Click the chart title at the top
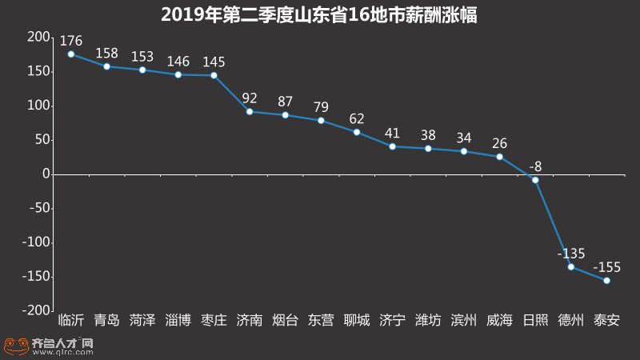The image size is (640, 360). click(x=319, y=14)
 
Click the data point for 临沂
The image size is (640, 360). click(x=71, y=54)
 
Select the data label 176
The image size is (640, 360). click(x=71, y=39)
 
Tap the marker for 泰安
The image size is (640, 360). click(x=606, y=280)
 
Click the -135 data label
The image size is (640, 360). click(x=571, y=254)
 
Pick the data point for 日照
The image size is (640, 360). click(x=535, y=179)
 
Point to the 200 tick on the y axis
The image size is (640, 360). click(x=37, y=38)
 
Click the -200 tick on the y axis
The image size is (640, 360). click(x=34, y=310)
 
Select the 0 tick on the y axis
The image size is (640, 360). click(x=46, y=174)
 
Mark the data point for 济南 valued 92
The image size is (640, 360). click(x=250, y=111)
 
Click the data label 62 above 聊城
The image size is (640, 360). click(x=357, y=118)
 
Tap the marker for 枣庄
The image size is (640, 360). click(x=214, y=75)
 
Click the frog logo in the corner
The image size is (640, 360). click(x=14, y=345)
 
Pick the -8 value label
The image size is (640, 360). click(x=535, y=166)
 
